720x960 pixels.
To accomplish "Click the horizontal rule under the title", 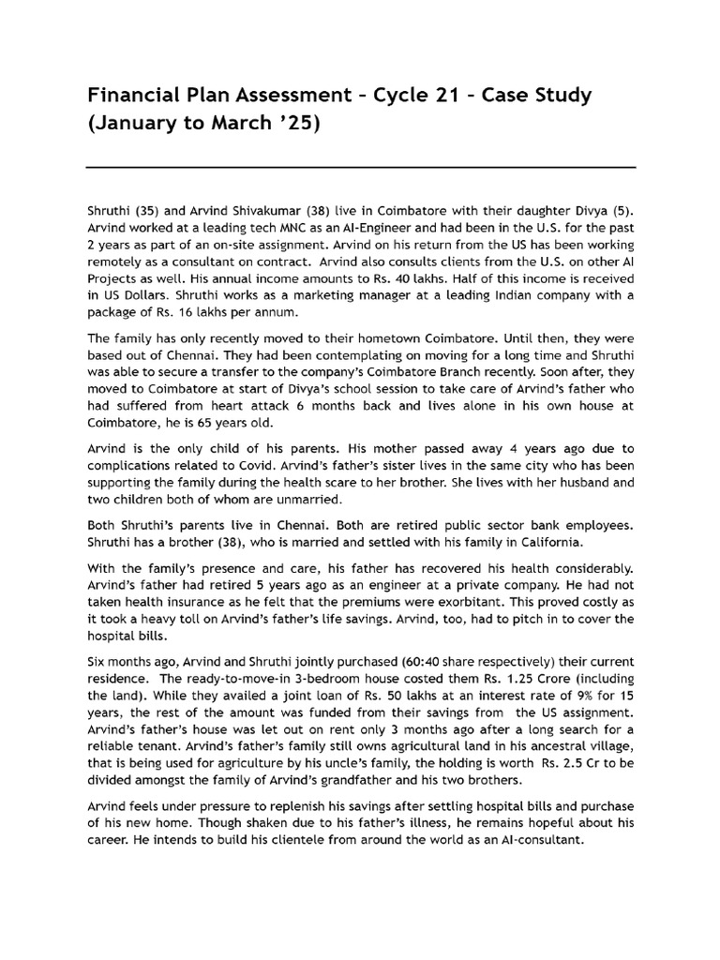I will coord(360,168).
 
